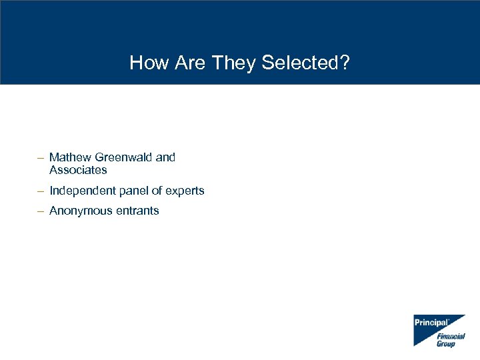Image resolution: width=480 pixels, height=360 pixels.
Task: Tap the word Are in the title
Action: tap(187, 63)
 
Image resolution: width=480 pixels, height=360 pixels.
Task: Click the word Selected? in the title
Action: tap(306, 63)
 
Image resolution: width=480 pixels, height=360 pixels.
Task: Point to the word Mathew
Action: tap(71, 157)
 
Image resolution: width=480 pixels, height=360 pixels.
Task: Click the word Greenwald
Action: tap(124, 157)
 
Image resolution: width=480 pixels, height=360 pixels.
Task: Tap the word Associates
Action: tap(78, 170)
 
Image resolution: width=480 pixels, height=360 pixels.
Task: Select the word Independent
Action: tap(83, 191)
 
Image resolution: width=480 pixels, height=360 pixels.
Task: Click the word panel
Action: tap(133, 191)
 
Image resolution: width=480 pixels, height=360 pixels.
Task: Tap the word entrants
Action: tap(137, 211)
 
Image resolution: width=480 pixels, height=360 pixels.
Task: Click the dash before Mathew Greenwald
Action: tap(41, 158)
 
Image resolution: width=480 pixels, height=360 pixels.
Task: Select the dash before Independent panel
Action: tap(41, 191)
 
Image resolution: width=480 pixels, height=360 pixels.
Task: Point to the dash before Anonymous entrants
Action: tap(41, 211)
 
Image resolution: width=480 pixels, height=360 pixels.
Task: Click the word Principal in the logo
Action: tap(431, 323)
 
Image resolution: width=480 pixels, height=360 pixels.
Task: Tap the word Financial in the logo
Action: tap(451, 337)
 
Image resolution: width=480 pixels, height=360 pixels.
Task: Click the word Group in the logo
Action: tap(446, 344)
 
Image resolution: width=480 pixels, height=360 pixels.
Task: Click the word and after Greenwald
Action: tap(165, 157)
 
